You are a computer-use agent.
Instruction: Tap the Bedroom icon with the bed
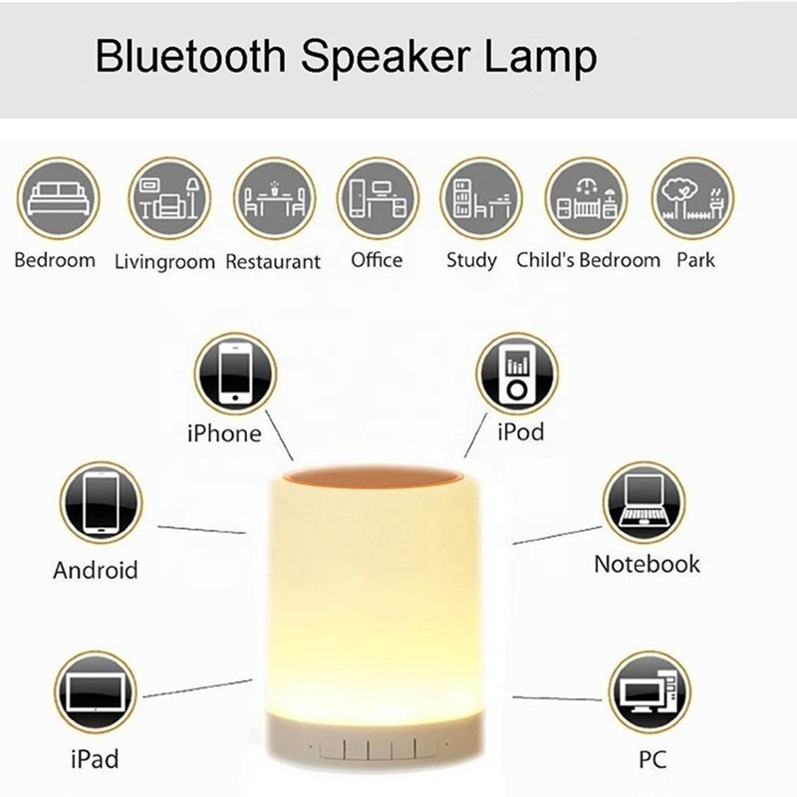pos(56,198)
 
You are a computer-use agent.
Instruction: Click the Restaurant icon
pos(274,198)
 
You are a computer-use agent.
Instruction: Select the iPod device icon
pos(516,375)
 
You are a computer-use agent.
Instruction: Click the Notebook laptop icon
pos(644,502)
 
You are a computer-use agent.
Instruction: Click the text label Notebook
pos(647,564)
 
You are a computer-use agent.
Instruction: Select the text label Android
pos(95,571)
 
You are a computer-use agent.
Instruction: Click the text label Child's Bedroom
pos(588,260)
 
